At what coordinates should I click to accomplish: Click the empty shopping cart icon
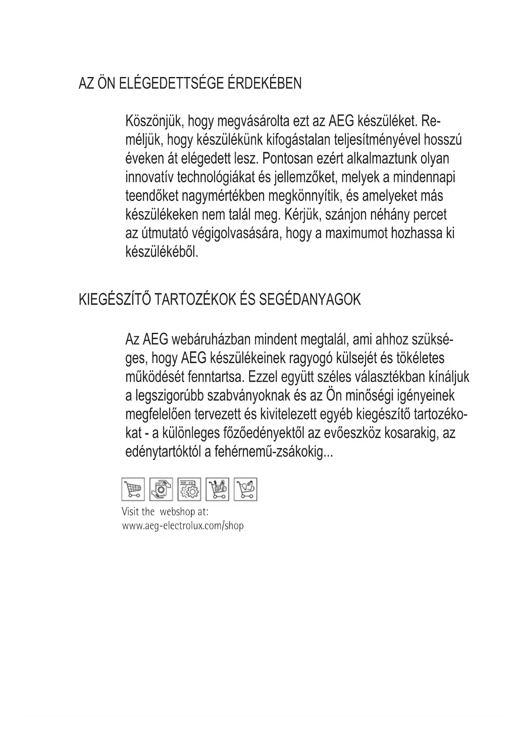[133, 489]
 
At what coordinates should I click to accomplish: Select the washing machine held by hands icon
[161, 489]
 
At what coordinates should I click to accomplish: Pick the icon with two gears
[189, 489]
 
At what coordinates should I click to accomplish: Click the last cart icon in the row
[246, 489]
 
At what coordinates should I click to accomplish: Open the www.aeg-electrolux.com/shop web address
[183, 526]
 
